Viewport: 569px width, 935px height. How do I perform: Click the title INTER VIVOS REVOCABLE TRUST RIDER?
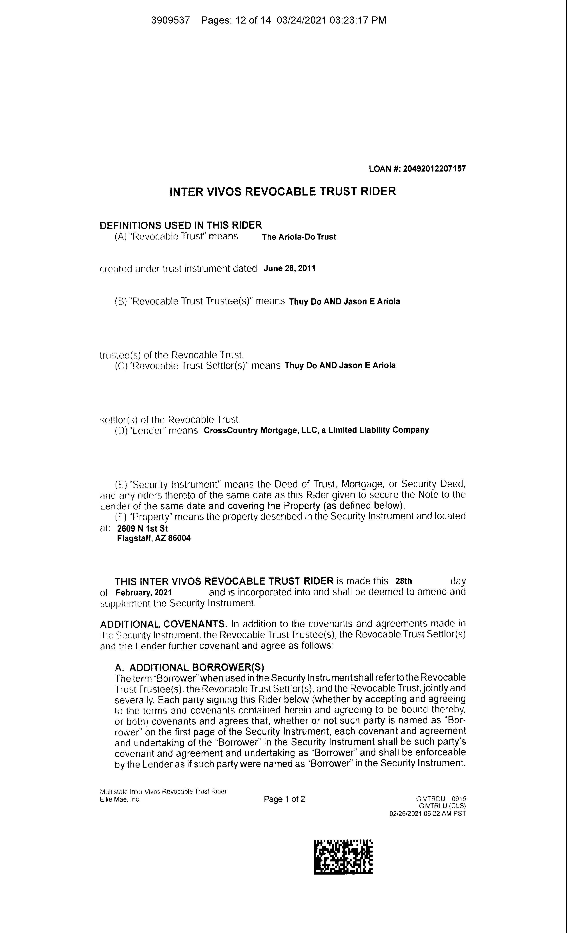(282, 191)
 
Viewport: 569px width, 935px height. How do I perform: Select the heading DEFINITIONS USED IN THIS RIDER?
(181, 225)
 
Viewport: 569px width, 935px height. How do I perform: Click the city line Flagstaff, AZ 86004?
(154, 538)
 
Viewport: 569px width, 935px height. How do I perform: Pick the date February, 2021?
(144, 592)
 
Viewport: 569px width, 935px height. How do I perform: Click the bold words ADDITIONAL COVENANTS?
(163, 624)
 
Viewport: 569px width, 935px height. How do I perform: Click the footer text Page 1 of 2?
(284, 799)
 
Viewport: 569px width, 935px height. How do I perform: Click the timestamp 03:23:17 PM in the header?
(358, 20)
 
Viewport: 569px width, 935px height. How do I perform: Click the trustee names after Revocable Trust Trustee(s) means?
(344, 302)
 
